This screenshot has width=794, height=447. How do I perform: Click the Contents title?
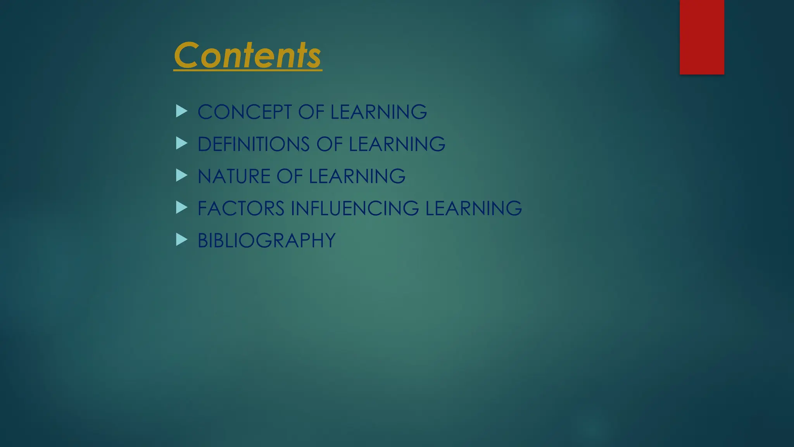247,55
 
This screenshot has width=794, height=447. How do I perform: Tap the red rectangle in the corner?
702,37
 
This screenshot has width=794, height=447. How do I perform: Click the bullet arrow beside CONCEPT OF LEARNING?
181,111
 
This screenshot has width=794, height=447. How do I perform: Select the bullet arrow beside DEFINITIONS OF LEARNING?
181,144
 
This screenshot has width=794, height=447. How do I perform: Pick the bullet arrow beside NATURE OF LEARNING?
181,176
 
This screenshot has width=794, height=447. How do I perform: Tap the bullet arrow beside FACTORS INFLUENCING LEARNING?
181,208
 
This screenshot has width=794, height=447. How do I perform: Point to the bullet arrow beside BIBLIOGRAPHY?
181,240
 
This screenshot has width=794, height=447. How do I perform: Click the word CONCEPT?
245,112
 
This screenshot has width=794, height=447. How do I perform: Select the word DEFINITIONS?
254,144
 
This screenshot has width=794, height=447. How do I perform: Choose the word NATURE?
234,177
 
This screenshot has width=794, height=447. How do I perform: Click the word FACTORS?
241,208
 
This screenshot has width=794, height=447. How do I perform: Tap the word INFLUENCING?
355,208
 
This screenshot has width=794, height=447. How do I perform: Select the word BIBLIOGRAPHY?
266,241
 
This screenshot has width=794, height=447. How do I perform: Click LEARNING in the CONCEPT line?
378,112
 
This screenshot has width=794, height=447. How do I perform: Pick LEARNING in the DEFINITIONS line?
397,144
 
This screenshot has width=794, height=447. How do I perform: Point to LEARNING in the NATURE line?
357,177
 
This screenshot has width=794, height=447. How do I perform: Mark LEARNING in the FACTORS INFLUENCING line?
473,208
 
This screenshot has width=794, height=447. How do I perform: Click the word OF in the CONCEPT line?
311,112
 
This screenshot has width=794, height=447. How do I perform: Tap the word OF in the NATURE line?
290,177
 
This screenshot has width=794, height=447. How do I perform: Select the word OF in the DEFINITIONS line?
329,144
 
